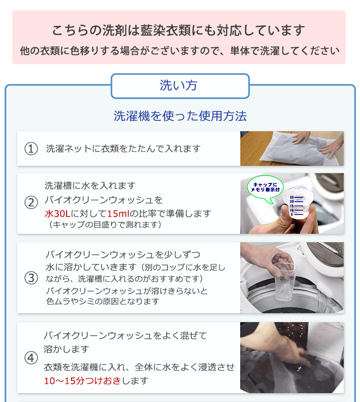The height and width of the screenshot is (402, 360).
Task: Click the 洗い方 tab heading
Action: tap(179, 85)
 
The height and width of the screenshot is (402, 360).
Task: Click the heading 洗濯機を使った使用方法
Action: tap(180, 116)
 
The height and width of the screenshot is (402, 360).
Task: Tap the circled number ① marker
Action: tap(31, 148)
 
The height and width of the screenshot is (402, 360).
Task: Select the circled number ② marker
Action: tap(31, 203)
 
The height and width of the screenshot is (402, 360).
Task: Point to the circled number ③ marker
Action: tap(31, 278)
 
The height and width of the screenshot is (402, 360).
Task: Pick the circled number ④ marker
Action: tap(31, 358)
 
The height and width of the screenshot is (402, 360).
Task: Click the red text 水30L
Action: tap(57, 213)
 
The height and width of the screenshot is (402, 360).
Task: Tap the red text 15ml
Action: tap(118, 213)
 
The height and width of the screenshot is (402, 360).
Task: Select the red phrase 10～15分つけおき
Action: tap(82, 381)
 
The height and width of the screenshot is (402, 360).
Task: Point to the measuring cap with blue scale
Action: tap(297, 203)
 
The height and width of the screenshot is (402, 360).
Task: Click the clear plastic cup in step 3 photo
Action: tap(285, 281)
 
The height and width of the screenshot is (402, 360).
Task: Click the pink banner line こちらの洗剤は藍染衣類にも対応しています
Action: tap(179, 30)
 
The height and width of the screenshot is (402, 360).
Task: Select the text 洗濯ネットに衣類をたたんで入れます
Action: tap(123, 148)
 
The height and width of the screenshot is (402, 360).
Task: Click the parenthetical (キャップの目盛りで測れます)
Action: tap(105, 224)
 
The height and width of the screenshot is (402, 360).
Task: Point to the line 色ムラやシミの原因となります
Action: tap(103, 301)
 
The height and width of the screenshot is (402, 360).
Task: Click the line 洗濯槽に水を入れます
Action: tap(90, 185)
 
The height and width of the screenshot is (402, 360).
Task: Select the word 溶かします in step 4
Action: tap(67, 349)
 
